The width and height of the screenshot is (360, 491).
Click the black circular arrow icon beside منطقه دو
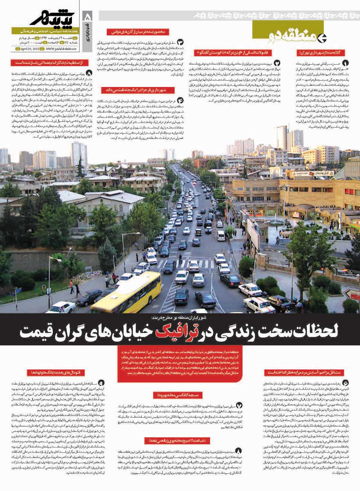coord(323,37)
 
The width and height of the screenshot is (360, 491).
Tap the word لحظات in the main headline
coord(318,331)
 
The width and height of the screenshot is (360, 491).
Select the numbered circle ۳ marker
coord(181,42)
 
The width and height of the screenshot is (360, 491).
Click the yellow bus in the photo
coord(126,292)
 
